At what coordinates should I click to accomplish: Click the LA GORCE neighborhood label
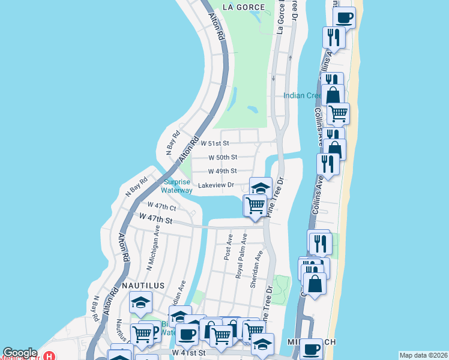coord(243,7)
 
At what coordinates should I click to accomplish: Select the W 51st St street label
coord(215,143)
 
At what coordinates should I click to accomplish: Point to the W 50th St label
coord(223,157)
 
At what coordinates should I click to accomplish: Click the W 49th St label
coord(223,171)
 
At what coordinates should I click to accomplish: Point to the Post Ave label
coord(228,248)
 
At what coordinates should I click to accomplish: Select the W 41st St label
coord(188,352)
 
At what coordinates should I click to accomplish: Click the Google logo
coord(20,353)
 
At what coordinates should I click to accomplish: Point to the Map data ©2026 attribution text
coord(423,355)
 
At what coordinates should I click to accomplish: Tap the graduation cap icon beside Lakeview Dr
coord(261,187)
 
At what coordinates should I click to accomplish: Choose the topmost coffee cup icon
coord(344,17)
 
